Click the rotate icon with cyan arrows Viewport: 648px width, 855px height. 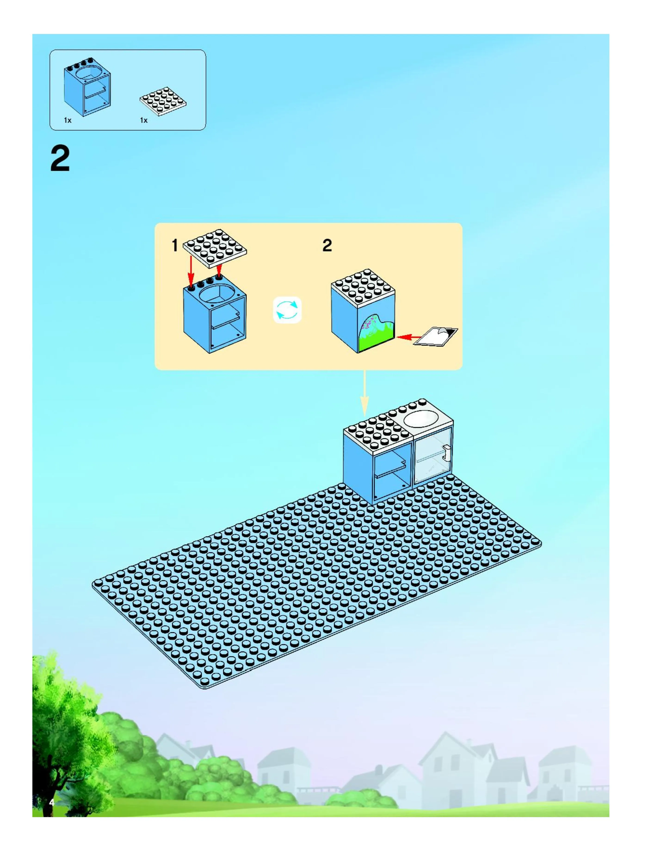tap(287, 310)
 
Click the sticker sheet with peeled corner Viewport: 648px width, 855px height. tap(436, 336)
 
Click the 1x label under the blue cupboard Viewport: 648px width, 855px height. tap(68, 121)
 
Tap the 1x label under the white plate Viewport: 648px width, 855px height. tap(144, 121)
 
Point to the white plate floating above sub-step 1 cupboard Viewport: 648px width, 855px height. tap(215, 248)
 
